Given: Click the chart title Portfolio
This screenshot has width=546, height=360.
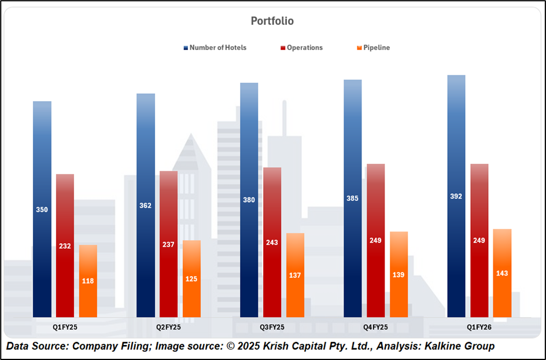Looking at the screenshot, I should tap(272, 21).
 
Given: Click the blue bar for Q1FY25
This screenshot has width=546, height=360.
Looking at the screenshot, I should tap(42, 174).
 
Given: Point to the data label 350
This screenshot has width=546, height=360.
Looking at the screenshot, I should tap(42, 210).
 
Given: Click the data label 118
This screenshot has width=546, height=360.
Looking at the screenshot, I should tap(88, 281).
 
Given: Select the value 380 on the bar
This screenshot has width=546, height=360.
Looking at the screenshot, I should tap(249, 200).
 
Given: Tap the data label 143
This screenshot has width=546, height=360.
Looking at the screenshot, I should tap(502, 273).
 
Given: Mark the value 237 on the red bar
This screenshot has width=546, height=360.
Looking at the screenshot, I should tap(168, 244).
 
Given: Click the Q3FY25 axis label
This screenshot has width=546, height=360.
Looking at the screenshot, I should tap(272, 327).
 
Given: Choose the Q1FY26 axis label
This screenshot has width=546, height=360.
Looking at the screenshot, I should tap(479, 327).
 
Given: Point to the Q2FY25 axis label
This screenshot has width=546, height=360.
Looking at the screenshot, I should tap(168, 327).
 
